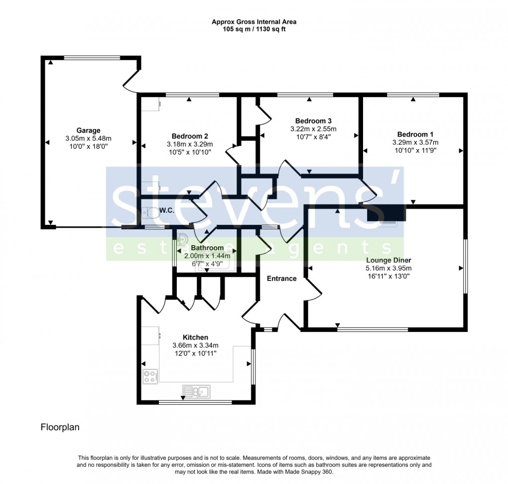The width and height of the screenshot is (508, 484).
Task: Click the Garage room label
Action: (88, 131)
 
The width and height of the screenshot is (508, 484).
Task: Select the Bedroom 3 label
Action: (313, 121)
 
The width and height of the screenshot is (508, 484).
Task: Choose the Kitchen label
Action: (195, 337)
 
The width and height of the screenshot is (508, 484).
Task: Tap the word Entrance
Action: (281, 279)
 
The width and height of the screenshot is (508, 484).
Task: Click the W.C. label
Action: (166, 211)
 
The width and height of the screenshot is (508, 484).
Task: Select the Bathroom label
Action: (207, 248)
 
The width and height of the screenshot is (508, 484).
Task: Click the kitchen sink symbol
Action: (197, 391)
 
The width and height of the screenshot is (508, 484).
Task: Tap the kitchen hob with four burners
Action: (150, 376)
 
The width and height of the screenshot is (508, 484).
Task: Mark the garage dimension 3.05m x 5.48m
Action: (88, 139)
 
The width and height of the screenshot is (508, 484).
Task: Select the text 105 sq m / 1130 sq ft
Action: (254, 29)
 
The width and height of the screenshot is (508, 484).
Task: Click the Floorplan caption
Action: (60, 427)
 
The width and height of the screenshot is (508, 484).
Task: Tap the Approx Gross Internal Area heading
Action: (254, 22)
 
